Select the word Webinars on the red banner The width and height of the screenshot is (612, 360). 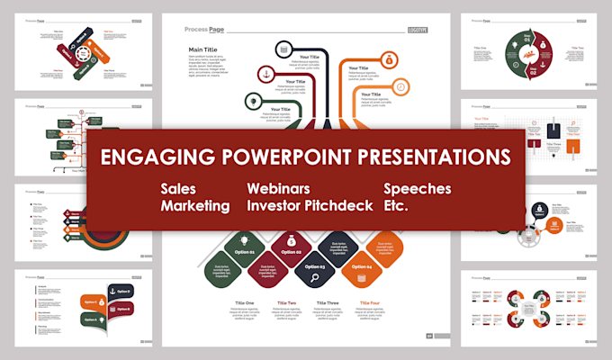point(279,190)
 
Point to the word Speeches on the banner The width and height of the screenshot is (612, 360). point(417,190)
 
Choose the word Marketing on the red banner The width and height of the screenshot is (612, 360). point(195,206)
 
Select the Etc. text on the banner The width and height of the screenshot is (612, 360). point(396,206)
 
